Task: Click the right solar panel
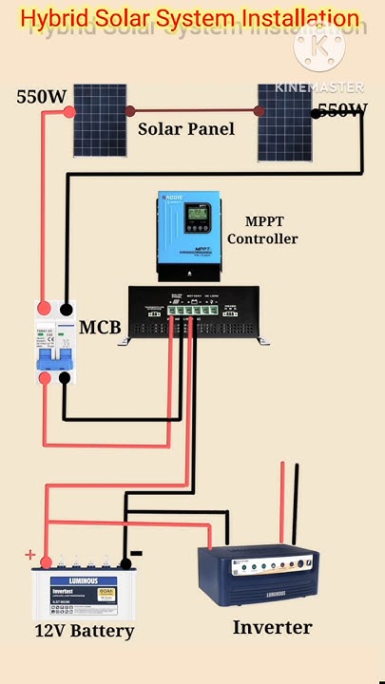tap(284, 121)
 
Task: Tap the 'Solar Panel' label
tap(186, 128)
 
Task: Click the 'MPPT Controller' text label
tap(262, 231)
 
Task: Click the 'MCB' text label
tap(100, 329)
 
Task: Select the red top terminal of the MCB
tap(44, 310)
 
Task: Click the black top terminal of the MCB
tap(66, 310)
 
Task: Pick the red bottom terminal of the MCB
tap(44, 378)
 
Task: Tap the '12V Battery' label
tap(85, 631)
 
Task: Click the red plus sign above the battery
tap(30, 555)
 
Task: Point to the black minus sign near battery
tap(136, 553)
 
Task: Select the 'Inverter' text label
tap(272, 627)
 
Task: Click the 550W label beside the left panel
tap(41, 97)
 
